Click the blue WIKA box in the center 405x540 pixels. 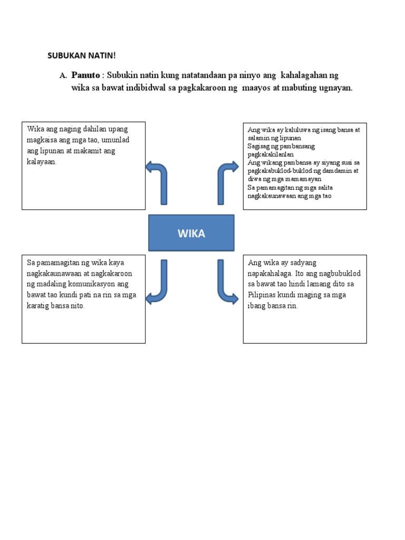(x=191, y=233)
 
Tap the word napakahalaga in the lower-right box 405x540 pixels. (x=269, y=273)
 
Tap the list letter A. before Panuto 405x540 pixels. (x=63, y=76)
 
